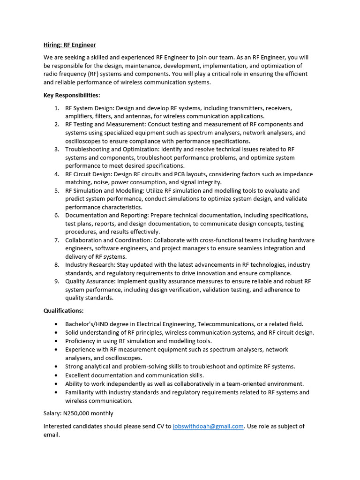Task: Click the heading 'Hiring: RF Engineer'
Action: [69, 45]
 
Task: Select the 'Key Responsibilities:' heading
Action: [72, 95]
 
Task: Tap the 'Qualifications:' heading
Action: [64, 310]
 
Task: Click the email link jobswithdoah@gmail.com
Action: [208, 426]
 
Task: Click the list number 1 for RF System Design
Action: [56, 108]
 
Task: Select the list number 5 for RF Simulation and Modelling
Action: [56, 191]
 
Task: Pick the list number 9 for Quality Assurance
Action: [56, 281]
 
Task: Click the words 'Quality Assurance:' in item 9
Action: [90, 281]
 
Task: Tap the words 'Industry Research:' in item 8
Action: [90, 265]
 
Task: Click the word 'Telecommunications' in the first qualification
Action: [226, 324]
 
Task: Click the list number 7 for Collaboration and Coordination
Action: [56, 240]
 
